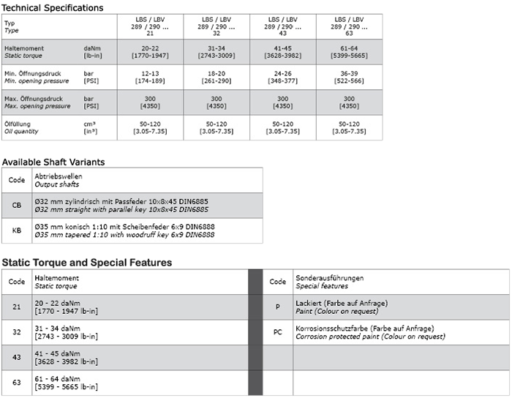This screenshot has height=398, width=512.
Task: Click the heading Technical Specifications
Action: [x=52, y=7]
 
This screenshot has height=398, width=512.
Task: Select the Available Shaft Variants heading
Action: [x=53, y=162]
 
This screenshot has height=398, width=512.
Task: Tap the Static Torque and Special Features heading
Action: [x=87, y=262]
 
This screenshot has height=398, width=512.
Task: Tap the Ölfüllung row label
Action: [x=21, y=124]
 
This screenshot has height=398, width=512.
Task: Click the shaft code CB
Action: [x=16, y=206]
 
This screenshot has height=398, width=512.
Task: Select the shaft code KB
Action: [x=16, y=230]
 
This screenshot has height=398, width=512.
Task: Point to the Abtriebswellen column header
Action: [x=59, y=176]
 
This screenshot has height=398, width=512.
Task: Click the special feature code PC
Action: [x=277, y=332]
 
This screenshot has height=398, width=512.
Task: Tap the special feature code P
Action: [x=277, y=307]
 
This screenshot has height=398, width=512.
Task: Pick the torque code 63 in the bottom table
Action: [x=16, y=382]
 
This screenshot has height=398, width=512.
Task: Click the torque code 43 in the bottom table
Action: [x=16, y=357]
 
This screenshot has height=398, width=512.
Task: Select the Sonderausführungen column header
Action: [x=329, y=278]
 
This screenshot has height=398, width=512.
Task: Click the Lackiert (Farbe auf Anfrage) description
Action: [x=341, y=303]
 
